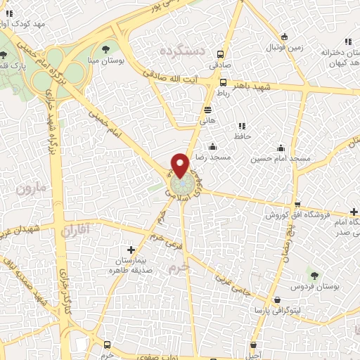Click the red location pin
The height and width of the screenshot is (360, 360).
tap(180, 165)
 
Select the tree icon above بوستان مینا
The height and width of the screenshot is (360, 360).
tap(105, 49)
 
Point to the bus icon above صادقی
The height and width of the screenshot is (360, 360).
tap(221, 54)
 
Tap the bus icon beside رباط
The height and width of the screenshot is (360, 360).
tap(224, 82)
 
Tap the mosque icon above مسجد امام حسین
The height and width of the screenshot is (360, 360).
tap(281, 148)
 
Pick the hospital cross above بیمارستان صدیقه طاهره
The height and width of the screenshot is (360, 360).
tap(131, 249)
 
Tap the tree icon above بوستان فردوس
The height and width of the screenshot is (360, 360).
tap(314, 273)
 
